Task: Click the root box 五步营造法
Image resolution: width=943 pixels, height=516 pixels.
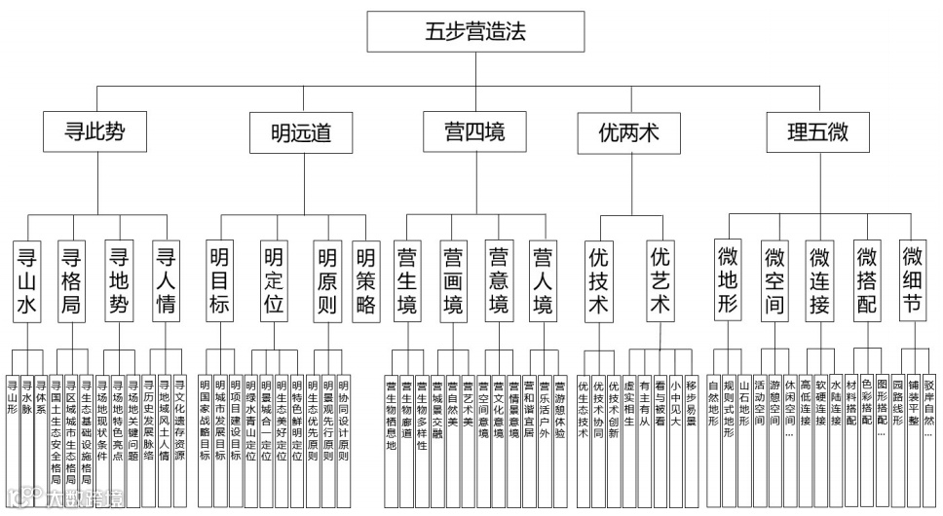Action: (475, 31)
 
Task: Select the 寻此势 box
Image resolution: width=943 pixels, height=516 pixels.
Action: (94, 131)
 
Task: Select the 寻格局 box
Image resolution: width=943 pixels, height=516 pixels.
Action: (71, 281)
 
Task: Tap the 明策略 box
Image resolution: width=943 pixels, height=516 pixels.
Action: (365, 281)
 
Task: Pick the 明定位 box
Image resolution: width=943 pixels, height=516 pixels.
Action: (275, 281)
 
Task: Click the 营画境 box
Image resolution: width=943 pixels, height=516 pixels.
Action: (453, 281)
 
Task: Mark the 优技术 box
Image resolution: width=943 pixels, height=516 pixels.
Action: (599, 281)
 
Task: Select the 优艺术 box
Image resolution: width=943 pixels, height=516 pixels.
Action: (660, 281)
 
